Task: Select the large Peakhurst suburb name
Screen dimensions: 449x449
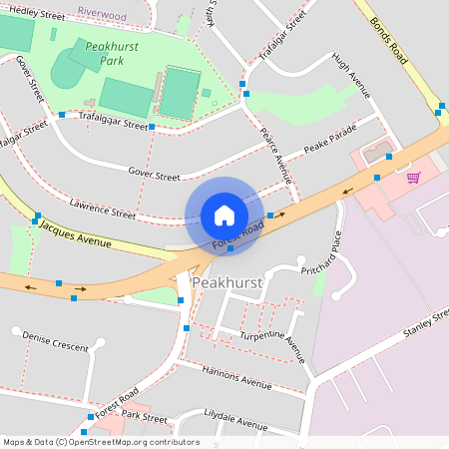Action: coord(226,283)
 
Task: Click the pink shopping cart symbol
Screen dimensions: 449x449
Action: coord(413,178)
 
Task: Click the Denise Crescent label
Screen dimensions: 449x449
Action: coord(56,340)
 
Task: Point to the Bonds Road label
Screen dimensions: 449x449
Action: coord(389,41)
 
